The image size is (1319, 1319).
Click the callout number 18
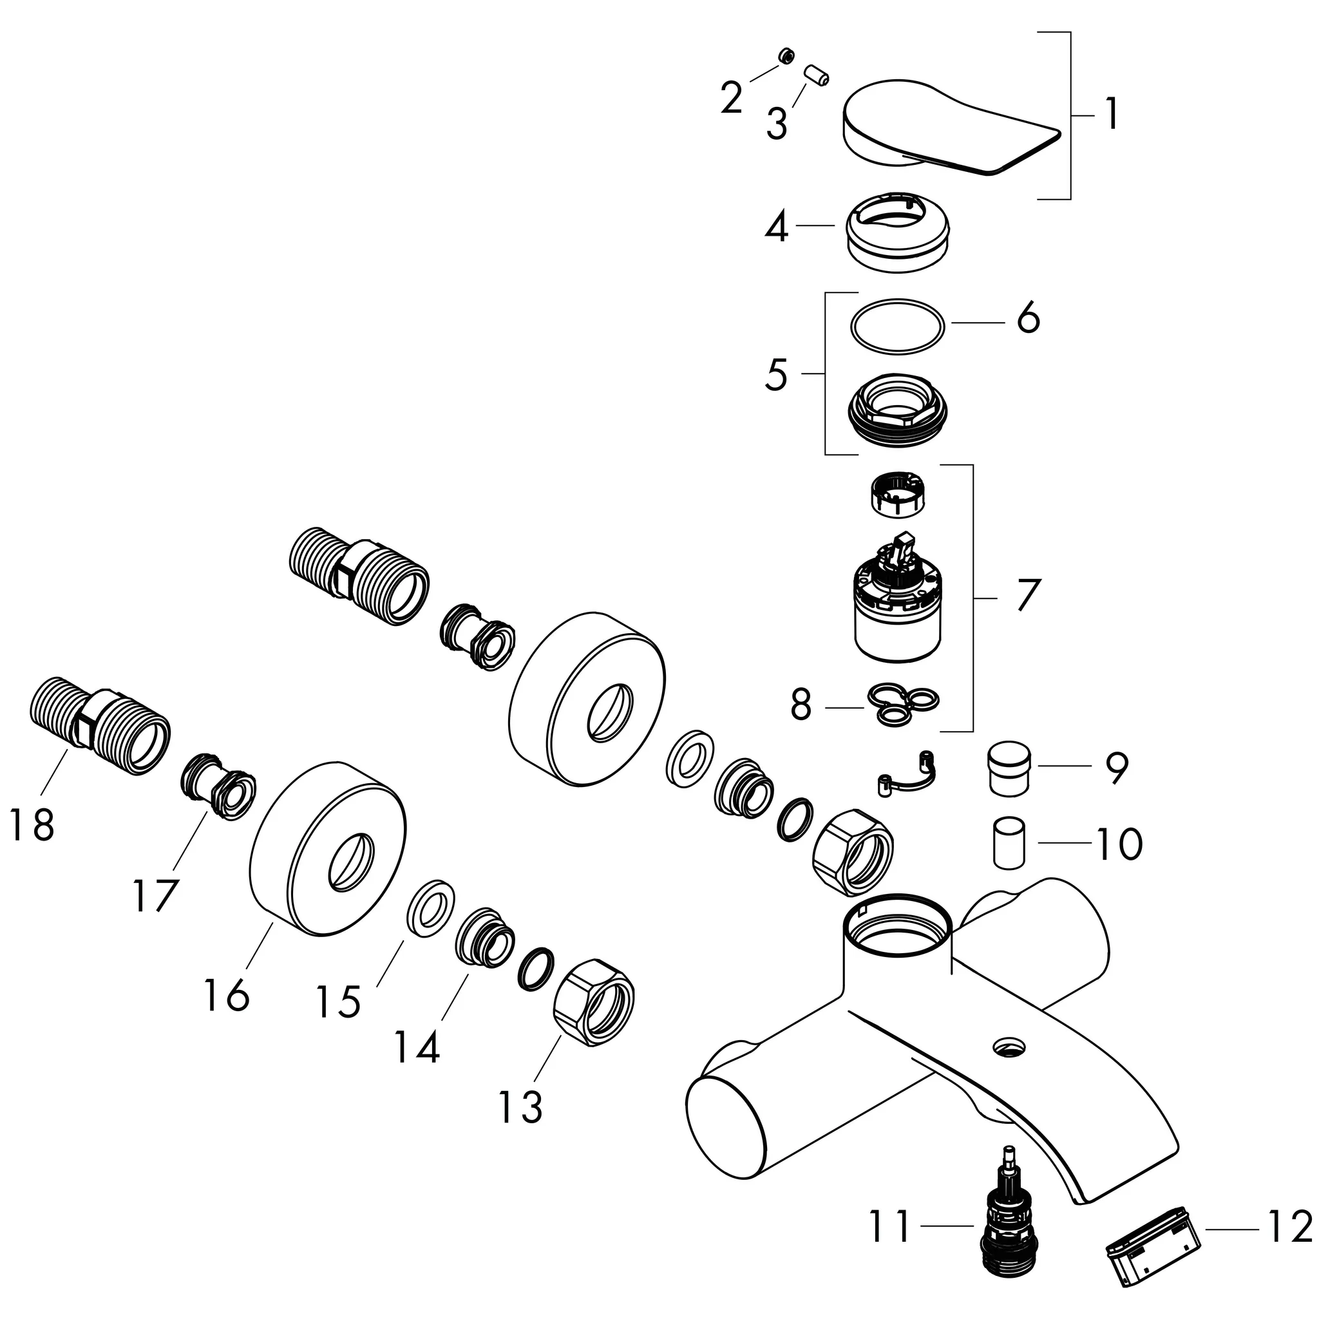(x=32, y=825)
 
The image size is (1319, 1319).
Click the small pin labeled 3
(x=816, y=75)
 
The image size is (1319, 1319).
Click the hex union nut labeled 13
(x=593, y=1004)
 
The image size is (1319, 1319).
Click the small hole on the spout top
(x=1011, y=1045)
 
